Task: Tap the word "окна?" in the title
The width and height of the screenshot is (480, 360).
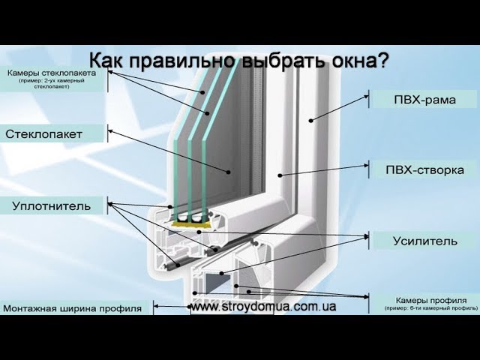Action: (x=361, y=60)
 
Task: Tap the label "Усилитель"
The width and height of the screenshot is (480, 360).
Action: (x=424, y=241)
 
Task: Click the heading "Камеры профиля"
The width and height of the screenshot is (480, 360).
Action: (x=430, y=298)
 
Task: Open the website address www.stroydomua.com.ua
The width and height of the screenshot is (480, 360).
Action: (x=262, y=307)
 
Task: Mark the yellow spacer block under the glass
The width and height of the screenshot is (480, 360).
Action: (x=188, y=222)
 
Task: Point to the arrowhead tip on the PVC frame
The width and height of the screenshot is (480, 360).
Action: (x=309, y=120)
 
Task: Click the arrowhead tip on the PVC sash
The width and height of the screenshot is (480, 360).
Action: (x=278, y=176)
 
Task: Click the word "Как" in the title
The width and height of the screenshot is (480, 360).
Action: (x=106, y=60)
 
